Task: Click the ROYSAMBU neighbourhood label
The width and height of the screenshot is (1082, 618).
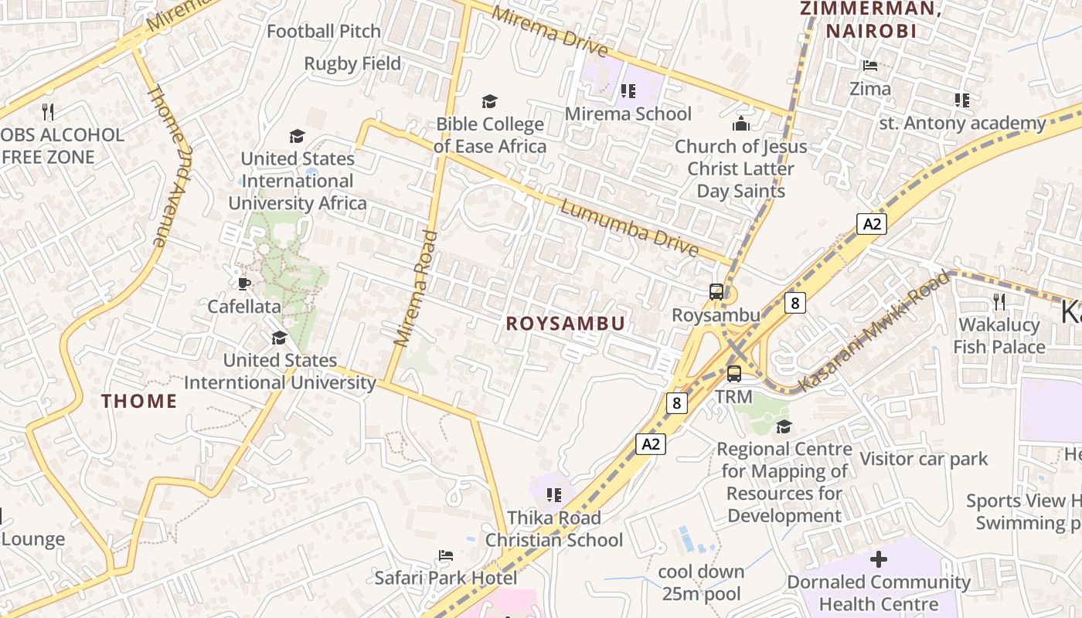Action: click(x=565, y=324)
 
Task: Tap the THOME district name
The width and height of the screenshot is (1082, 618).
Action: click(x=139, y=401)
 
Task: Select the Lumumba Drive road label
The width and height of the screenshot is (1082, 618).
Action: click(x=630, y=229)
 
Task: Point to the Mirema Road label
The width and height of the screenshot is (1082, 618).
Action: click(x=416, y=287)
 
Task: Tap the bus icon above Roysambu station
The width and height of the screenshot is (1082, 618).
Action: click(x=716, y=292)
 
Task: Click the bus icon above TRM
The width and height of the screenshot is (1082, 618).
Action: click(x=733, y=374)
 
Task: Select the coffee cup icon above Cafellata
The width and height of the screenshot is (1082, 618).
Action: click(x=244, y=284)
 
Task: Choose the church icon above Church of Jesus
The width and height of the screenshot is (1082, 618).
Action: click(x=741, y=124)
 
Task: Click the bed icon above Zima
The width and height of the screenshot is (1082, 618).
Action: click(x=870, y=66)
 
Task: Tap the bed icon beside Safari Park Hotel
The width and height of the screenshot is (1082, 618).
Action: click(x=445, y=555)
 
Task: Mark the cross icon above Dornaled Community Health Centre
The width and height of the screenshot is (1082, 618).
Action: click(x=878, y=559)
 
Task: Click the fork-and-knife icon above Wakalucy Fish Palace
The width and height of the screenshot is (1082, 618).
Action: click(x=999, y=301)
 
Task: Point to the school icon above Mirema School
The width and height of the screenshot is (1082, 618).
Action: click(x=628, y=91)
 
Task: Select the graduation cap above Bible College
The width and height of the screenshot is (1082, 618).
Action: click(x=489, y=101)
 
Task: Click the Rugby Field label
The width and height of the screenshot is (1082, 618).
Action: click(x=352, y=63)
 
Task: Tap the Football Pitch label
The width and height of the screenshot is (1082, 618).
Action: click(x=324, y=31)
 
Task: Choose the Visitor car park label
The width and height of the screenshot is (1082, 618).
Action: click(x=924, y=459)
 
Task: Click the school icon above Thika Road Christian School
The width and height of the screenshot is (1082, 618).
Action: click(x=553, y=494)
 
